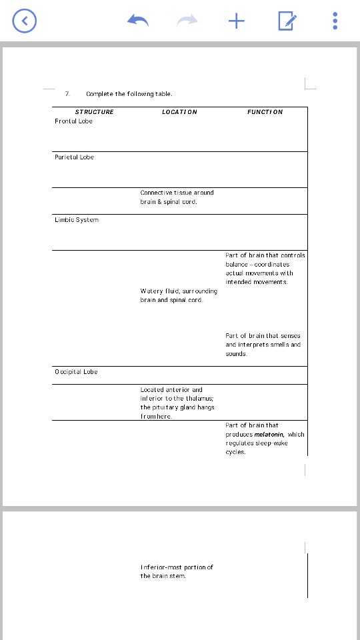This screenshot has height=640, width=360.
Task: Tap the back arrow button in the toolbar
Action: pyautogui.click(x=25, y=21)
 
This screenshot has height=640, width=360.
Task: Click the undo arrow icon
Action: pyautogui.click(x=137, y=21)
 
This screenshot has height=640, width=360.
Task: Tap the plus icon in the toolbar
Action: pyautogui.click(x=236, y=21)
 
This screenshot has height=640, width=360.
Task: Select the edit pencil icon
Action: pyautogui.click(x=287, y=21)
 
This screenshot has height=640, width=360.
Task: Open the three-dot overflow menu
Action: pyautogui.click(x=335, y=21)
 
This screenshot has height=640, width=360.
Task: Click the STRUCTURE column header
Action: pyautogui.click(x=94, y=112)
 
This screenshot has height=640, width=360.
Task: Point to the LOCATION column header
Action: pyautogui.click(x=179, y=112)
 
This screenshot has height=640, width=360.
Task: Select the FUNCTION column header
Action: pyautogui.click(x=265, y=112)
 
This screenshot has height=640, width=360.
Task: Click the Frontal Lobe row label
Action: pyautogui.click(x=73, y=121)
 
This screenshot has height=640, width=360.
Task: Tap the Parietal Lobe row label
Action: pyautogui.click(x=74, y=157)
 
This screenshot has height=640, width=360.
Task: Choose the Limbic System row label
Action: pyautogui.click(x=76, y=220)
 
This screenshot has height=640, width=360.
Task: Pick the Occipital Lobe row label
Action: pyautogui.click(x=76, y=372)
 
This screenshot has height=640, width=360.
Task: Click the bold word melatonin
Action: pyautogui.click(x=269, y=434)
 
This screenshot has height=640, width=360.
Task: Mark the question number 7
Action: pyautogui.click(x=67, y=94)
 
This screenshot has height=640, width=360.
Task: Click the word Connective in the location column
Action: pyautogui.click(x=155, y=193)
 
